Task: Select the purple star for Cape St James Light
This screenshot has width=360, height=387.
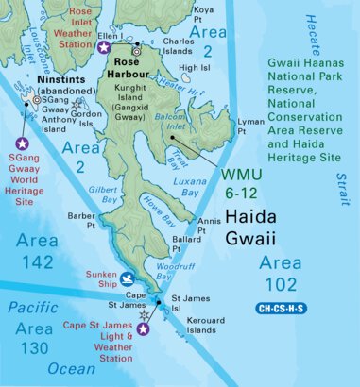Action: tap(144, 329)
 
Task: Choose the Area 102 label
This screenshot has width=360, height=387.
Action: tap(282, 272)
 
